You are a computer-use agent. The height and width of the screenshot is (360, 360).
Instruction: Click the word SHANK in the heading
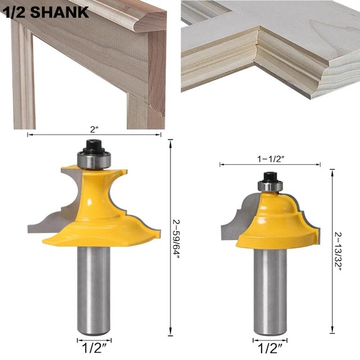point(59,12)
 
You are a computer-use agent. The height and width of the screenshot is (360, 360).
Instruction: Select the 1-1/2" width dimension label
point(271,159)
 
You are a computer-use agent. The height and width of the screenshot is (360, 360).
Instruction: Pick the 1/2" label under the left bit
point(94,349)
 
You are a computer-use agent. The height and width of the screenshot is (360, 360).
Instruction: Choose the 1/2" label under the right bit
point(270,349)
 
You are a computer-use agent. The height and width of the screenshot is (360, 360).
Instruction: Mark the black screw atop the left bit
point(94,146)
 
